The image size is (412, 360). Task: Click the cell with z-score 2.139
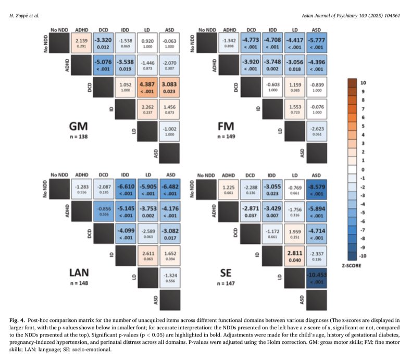pos(81,43)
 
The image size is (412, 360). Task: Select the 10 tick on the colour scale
pos(364,82)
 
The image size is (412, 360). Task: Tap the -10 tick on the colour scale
pos(363,255)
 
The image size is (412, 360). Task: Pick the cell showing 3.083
pos(170,88)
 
